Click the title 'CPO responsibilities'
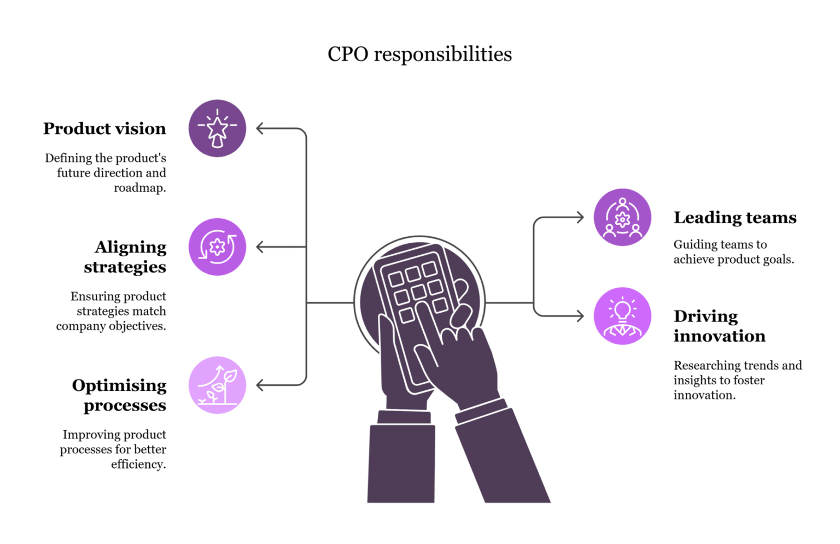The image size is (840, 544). (419, 54)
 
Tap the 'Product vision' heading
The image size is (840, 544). (104, 128)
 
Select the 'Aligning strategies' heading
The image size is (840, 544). (125, 257)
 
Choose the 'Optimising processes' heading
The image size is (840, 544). (119, 395)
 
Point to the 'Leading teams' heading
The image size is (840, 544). (735, 218)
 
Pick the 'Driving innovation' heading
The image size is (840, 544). (719, 326)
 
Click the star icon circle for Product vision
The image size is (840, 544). (217, 128)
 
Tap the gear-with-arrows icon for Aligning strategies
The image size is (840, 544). (217, 247)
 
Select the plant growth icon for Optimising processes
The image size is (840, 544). (217, 385)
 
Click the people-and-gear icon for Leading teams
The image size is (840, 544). (622, 217)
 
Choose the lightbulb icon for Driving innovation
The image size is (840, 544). (622, 316)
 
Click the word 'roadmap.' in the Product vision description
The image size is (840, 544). (140, 188)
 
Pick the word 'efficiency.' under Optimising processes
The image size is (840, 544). (138, 465)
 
